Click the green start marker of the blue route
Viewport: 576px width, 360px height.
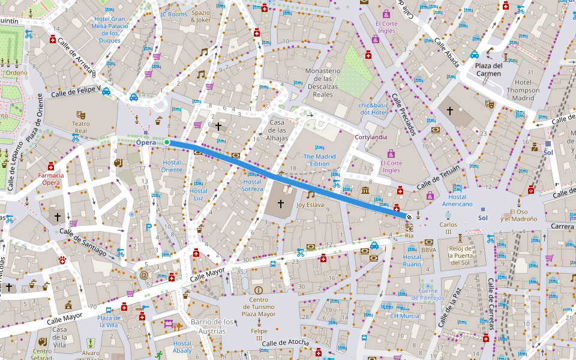point(167,142)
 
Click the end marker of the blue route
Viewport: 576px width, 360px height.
point(409,217)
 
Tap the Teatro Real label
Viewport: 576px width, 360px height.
point(80,127)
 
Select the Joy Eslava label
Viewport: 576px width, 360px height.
point(310,205)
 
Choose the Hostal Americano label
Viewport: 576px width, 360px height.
point(457,200)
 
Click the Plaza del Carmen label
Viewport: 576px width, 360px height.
point(488,70)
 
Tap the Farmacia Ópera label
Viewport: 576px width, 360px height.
point(50,179)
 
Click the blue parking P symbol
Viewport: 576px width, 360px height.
point(149,227)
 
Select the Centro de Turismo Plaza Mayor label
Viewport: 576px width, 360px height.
point(259,307)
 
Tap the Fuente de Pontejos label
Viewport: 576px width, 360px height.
point(427,294)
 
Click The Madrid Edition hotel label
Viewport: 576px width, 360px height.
point(319,160)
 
